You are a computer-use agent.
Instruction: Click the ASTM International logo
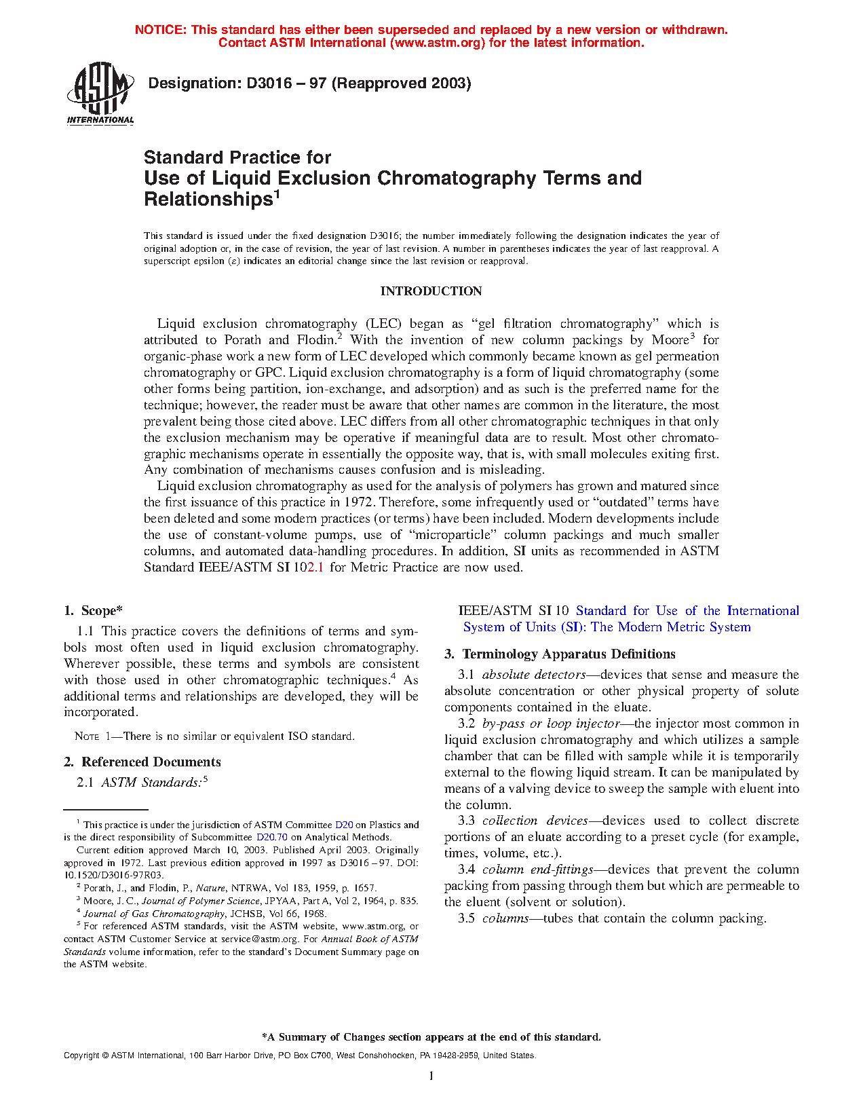point(100,94)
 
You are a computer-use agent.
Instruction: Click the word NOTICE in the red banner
point(159,30)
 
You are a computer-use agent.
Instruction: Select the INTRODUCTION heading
point(431,291)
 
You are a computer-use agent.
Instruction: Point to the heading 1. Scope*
point(94,611)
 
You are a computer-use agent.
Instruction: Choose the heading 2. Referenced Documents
point(142,762)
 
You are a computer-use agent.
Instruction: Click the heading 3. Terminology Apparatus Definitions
point(560,654)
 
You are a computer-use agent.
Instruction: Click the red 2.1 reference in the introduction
point(315,567)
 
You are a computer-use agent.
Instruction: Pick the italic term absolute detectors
point(534,675)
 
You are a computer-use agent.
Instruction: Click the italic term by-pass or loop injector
point(551,724)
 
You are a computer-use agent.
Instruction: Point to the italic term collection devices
point(535,821)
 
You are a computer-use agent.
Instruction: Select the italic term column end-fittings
point(538,870)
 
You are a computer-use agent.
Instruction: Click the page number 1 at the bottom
point(431,1076)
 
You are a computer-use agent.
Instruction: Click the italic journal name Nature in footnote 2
point(210,888)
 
